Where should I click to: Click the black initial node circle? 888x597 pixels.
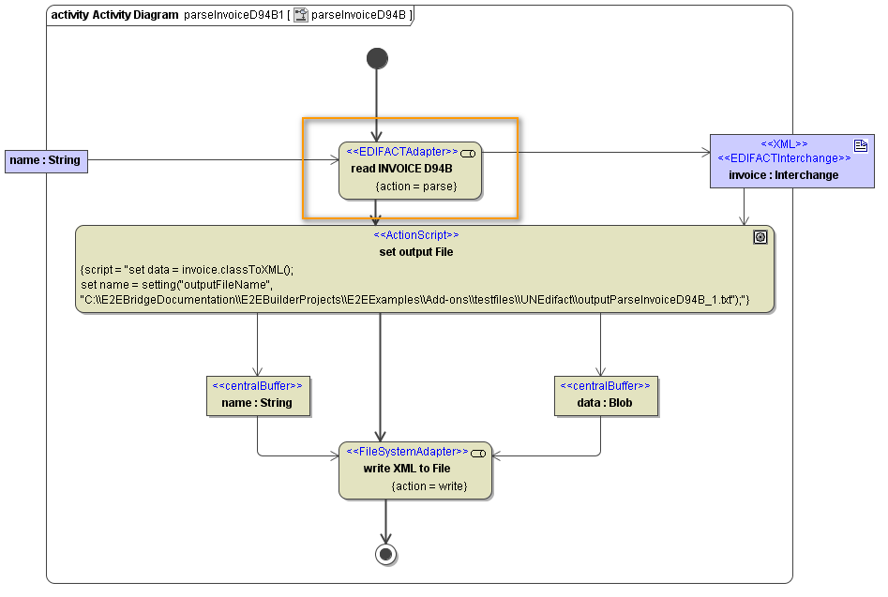coord(377,59)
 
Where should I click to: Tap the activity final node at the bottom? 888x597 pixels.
coord(385,554)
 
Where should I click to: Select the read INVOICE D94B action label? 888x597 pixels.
coord(402,169)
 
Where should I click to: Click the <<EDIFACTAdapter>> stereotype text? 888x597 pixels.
coord(402,151)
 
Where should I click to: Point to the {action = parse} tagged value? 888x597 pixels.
coord(415,187)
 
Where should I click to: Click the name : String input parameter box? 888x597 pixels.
coord(46,160)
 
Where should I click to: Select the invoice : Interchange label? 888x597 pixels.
coord(784,174)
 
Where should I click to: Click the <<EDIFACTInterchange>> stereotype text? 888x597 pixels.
coord(784,158)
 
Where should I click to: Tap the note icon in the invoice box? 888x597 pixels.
coord(860,144)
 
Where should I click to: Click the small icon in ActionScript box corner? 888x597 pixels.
coord(760,238)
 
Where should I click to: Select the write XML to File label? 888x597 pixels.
coord(407,468)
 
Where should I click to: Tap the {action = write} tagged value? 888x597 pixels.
coord(429,485)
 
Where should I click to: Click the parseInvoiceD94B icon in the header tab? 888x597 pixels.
coord(301,15)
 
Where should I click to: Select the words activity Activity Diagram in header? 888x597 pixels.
coord(113,15)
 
